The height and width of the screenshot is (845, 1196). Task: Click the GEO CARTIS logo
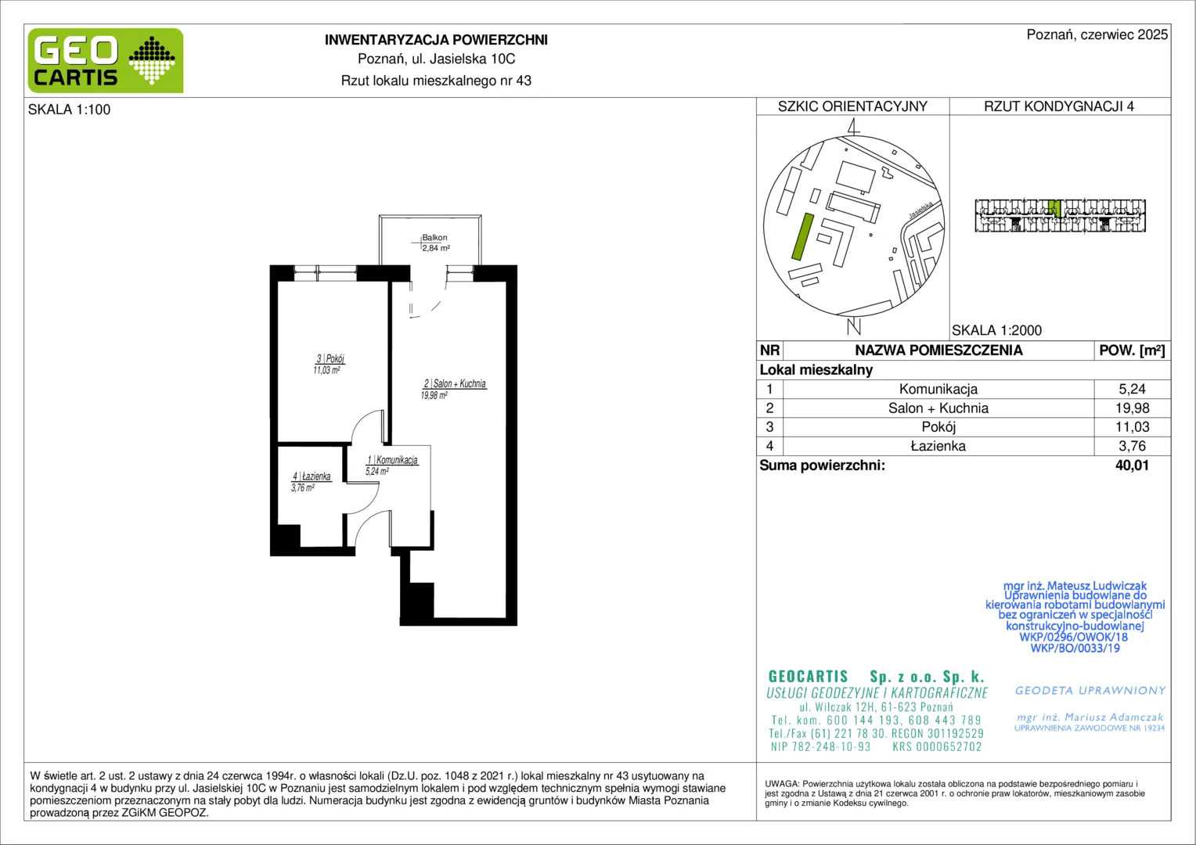tap(106, 60)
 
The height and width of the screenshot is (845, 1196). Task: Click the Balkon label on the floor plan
tap(434, 238)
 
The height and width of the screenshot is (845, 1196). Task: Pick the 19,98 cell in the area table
tap(1132, 408)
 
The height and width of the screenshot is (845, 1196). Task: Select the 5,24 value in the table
tap(1132, 389)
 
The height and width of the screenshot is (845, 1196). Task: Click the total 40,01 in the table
tap(1132, 466)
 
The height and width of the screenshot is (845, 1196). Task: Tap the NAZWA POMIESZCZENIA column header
tap(938, 351)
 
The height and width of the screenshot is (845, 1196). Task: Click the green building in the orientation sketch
tap(802, 236)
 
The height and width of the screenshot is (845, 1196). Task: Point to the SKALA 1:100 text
tap(70, 110)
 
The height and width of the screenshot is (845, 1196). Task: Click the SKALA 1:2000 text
tap(997, 330)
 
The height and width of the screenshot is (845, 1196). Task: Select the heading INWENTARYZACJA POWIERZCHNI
tap(436, 40)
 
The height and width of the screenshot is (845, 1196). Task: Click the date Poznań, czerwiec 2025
tap(1097, 34)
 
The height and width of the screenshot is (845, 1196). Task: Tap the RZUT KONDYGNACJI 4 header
tap(1059, 106)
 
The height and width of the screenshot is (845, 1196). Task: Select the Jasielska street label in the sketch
tap(921, 210)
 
